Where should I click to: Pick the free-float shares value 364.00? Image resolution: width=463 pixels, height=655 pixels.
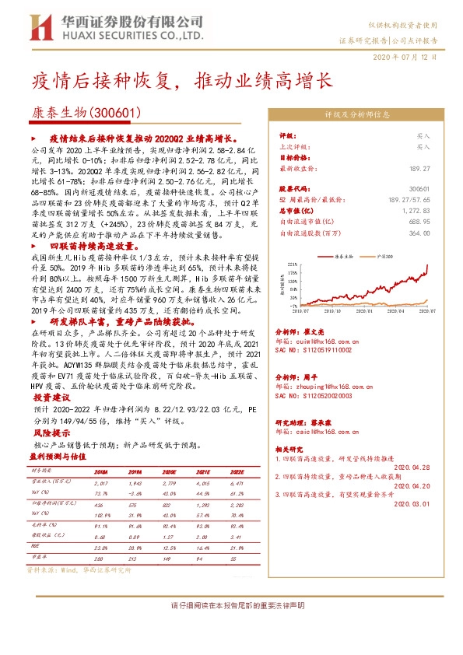(419, 232)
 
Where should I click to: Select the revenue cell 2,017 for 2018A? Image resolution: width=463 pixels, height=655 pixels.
(100, 483)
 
